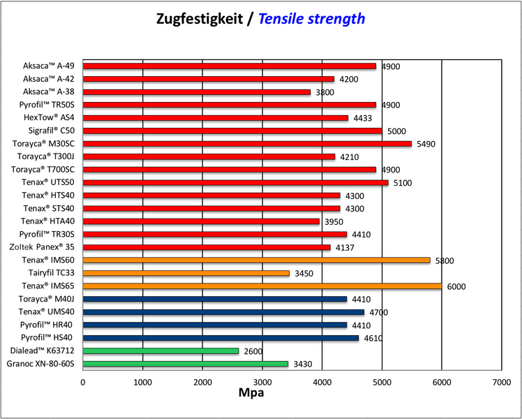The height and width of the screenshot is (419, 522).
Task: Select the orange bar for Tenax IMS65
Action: pyautogui.click(x=262, y=286)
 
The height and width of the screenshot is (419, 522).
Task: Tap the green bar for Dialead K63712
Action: pyautogui.click(x=161, y=351)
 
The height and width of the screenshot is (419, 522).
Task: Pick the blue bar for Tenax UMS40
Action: pyautogui.click(x=223, y=312)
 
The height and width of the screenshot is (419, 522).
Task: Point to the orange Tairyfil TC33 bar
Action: pyautogui.click(x=186, y=273)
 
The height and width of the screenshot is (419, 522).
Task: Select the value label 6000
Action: pyautogui.click(x=456, y=286)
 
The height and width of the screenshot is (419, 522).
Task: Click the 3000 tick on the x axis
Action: pyautogui.click(x=262, y=383)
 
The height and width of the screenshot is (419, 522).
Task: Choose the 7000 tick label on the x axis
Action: pyautogui.click(x=501, y=383)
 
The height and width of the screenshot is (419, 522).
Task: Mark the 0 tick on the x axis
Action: pyautogui.click(x=83, y=383)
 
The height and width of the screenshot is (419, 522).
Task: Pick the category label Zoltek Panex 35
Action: pyautogui.click(x=43, y=247)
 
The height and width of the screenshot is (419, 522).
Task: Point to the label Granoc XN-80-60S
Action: pyautogui.click(x=40, y=364)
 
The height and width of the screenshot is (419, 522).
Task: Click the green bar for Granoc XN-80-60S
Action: pyautogui.click(x=186, y=364)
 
